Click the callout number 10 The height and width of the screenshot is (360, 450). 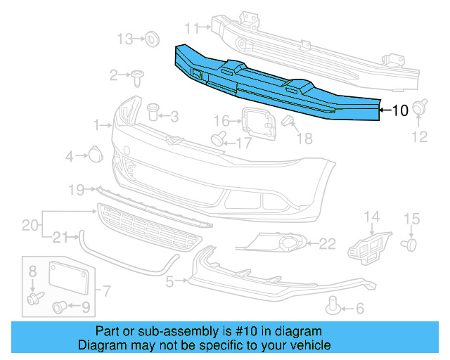[399, 110]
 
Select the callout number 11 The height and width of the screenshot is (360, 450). [192, 27]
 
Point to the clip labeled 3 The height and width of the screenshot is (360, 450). [153, 112]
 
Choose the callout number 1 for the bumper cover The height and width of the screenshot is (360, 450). [97, 126]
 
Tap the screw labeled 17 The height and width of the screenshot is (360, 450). [219, 137]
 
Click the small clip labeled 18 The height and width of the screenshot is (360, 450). [288, 122]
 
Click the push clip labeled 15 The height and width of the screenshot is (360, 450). [409, 243]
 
